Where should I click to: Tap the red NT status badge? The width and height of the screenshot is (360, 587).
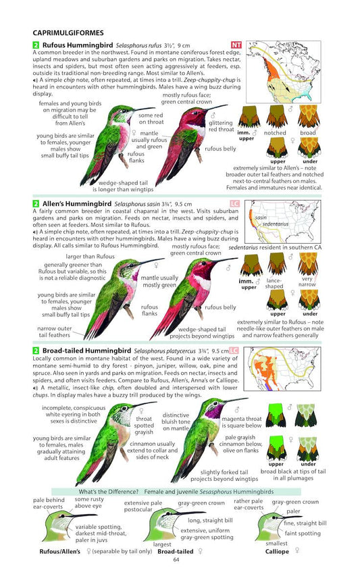236,45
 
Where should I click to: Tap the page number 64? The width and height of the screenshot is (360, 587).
176,559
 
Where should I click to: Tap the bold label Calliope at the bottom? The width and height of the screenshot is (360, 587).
276,551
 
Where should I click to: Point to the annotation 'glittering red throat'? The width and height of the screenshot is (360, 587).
221,126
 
